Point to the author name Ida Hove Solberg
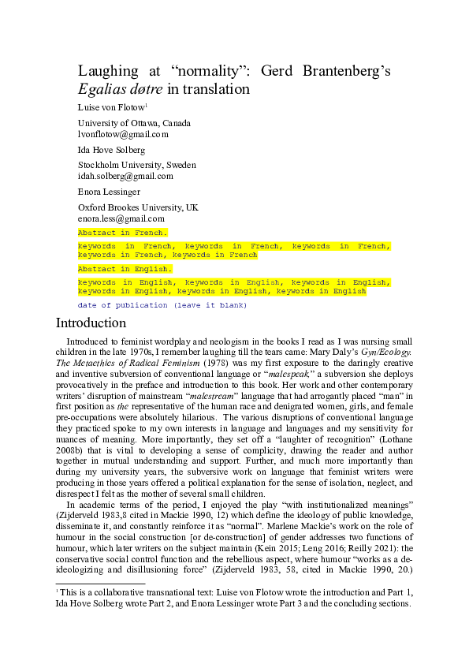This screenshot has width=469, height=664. pyautogui.click(x=111, y=150)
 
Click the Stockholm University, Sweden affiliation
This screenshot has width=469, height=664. pyautogui.click(x=136, y=165)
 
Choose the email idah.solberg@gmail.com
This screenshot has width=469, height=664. pyautogui.click(x=125, y=176)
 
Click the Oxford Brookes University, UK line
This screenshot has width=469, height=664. pyautogui.click(x=138, y=207)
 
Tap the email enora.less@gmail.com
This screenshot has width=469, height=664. pyautogui.click(x=121, y=218)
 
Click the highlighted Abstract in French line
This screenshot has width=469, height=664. pyautogui.click(x=122, y=233)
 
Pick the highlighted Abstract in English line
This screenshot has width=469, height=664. pyautogui.click(x=125, y=269)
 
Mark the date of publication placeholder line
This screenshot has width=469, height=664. pyautogui.click(x=162, y=304)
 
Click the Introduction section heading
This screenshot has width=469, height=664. pyautogui.click(x=91, y=323)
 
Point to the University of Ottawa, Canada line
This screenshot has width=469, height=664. pyautogui.click(x=133, y=123)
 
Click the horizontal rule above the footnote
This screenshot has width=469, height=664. pyautogui.click(x=100, y=584)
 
